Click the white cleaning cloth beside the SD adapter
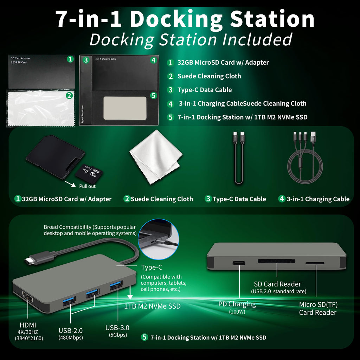coord(156,156)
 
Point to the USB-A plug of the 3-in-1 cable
coord(313,137)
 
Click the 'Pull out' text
coord(87,186)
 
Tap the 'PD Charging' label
coord(237,304)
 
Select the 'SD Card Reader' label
coord(277,284)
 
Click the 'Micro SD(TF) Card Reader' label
coord(318,308)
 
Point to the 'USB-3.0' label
coord(117,328)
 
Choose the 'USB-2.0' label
coord(70,330)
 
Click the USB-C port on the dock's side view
coord(239,263)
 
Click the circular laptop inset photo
coord(159,239)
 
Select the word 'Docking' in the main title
coord(176,19)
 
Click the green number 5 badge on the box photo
coord(153,95)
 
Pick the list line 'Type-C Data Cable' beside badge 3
coord(205,90)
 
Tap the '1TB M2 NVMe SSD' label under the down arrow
coord(153,306)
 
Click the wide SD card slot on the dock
coord(276,261)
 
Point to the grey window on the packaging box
coord(125,108)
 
